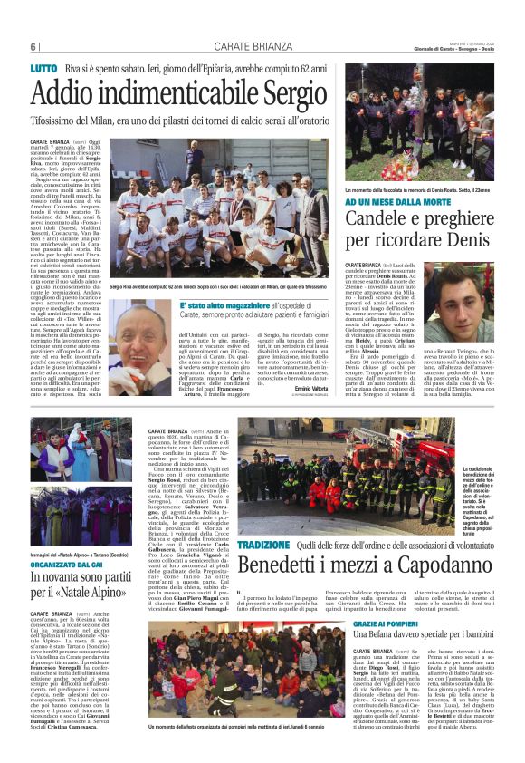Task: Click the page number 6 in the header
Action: click(x=33, y=47)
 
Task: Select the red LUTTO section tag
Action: click(x=43, y=69)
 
